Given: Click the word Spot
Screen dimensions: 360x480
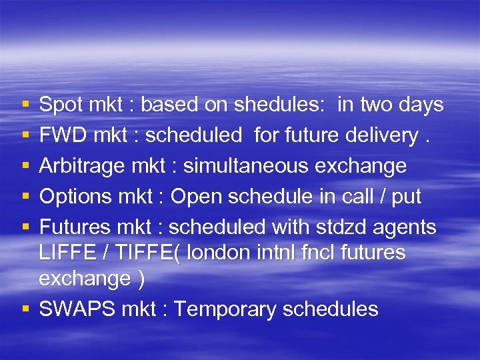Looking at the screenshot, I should pos(60,105).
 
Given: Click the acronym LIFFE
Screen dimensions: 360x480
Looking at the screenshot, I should pos(67,253).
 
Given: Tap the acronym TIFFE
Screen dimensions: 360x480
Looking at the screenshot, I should pos(142,253).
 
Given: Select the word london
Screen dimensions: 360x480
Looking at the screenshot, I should pos(221,253).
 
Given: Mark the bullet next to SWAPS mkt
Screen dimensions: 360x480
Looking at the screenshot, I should pos(25,310).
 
